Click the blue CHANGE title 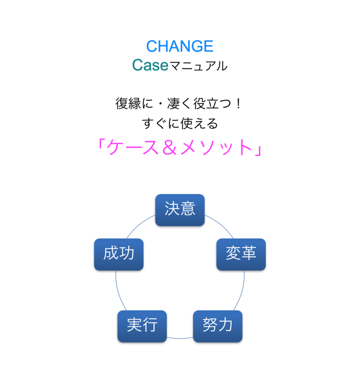click(180, 46)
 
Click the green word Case click(150, 65)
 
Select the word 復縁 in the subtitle click(128, 103)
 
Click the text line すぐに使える click(180, 123)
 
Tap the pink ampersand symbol click(169, 147)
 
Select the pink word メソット click(216, 147)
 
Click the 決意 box click(180, 210)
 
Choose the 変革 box click(241, 255)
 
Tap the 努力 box click(218, 326)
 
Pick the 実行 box click(142, 326)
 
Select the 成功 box click(119, 255)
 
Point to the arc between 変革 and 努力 click(241, 291)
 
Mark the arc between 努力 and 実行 click(180, 339)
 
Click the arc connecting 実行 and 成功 click(119, 291)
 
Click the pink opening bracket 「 click(101, 144)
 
